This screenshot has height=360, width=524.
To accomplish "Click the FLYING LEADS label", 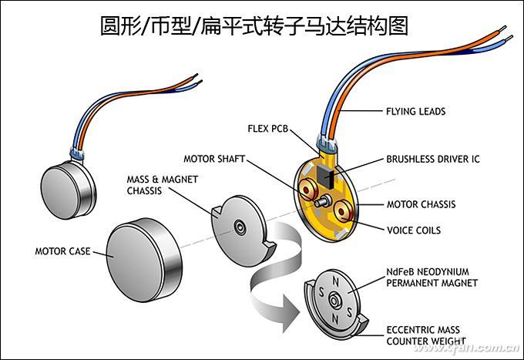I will point(415,111).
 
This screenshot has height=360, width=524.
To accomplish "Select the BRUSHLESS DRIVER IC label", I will point(432,160).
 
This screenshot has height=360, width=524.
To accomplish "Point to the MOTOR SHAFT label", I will point(213,159).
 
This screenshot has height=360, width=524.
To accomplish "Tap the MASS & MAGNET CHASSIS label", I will point(162,185).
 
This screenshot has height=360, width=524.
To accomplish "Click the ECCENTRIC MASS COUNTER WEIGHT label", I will point(426,335).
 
